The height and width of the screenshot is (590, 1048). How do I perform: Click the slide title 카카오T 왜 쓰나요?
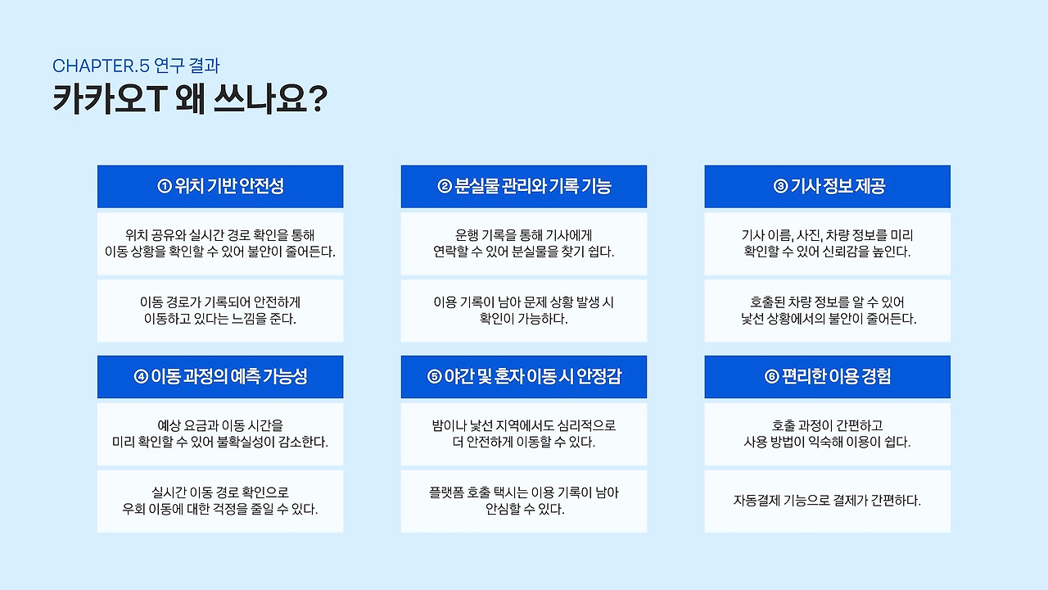[x=189, y=100]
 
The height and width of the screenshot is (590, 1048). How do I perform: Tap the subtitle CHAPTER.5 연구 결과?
[x=136, y=66]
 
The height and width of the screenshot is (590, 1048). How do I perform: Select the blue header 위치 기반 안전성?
[x=220, y=186]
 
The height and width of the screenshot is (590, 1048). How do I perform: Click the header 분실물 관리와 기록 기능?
[x=524, y=186]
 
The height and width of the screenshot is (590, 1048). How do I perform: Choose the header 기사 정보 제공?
[x=828, y=186]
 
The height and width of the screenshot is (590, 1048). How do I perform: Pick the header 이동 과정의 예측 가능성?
[x=220, y=376]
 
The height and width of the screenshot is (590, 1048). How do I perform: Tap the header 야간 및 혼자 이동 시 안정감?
[x=524, y=376]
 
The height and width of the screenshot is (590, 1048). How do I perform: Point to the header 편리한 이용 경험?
[x=828, y=376]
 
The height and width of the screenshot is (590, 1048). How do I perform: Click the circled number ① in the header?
[x=164, y=187]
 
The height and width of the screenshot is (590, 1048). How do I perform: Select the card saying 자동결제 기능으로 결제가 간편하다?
[x=828, y=501]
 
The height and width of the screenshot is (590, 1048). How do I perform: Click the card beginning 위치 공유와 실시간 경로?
[x=220, y=243]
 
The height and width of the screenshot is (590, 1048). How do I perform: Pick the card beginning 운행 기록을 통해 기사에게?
[x=524, y=243]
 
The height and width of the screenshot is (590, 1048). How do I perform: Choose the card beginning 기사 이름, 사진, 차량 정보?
[x=828, y=243]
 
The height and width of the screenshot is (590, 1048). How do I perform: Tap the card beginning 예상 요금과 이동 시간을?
[x=220, y=433]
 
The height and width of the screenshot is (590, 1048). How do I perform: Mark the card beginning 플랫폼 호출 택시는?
[x=524, y=501]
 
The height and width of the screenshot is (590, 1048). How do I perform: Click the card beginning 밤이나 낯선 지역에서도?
[x=524, y=433]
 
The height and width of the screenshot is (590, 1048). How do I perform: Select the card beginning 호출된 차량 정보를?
[x=828, y=311]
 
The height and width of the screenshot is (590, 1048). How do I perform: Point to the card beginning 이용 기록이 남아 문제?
[x=524, y=311]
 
